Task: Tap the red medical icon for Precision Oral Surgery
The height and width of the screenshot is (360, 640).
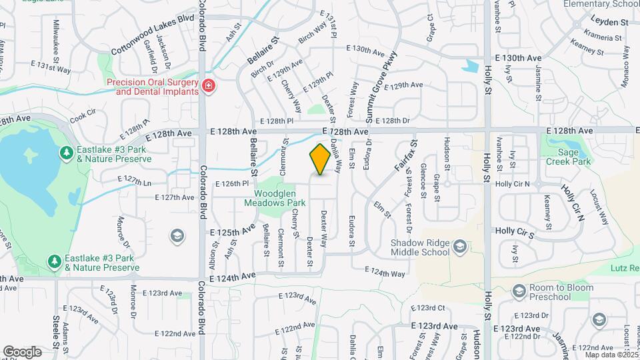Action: [x=209, y=86]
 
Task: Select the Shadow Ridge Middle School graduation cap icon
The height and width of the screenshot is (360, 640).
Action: [x=459, y=248]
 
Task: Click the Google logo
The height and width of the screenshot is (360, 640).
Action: [x=22, y=351]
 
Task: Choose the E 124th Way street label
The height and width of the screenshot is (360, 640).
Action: [x=385, y=273]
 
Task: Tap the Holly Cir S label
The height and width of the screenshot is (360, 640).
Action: [x=515, y=231]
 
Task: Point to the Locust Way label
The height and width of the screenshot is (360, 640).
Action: [x=599, y=207]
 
